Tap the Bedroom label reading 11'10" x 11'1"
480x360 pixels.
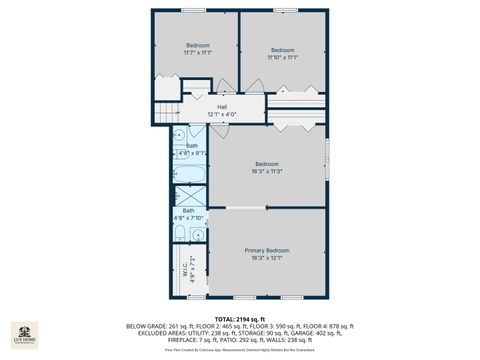[x=283, y=54]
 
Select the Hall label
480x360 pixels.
[x=222, y=111]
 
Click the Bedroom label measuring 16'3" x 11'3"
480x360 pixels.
[x=267, y=167]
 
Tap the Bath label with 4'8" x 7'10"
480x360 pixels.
[x=188, y=214]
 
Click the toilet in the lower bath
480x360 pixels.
[x=179, y=233]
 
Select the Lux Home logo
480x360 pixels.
[x=24, y=334]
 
